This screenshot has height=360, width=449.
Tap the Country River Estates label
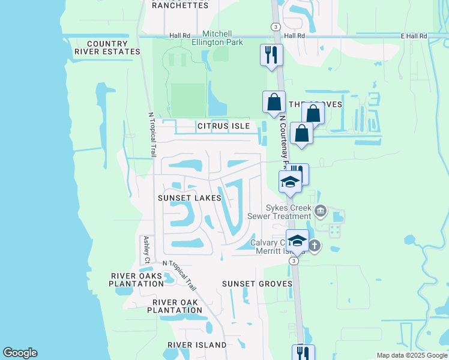107,48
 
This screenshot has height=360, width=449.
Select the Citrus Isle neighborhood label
222,127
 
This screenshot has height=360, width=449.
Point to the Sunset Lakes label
189,198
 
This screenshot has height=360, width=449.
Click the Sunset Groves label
257,283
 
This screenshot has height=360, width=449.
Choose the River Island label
197,345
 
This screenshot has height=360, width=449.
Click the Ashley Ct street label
146,250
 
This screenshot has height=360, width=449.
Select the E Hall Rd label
414,36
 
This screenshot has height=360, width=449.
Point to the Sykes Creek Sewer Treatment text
280,212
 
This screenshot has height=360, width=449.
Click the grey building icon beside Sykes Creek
320,210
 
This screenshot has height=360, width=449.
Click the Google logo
20,353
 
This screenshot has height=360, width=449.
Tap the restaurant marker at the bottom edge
303,353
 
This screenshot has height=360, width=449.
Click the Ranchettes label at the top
180,5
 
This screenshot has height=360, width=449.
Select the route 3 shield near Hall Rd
275,27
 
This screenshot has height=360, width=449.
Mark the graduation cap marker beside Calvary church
297,241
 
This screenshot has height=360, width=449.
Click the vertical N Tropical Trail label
151,134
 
